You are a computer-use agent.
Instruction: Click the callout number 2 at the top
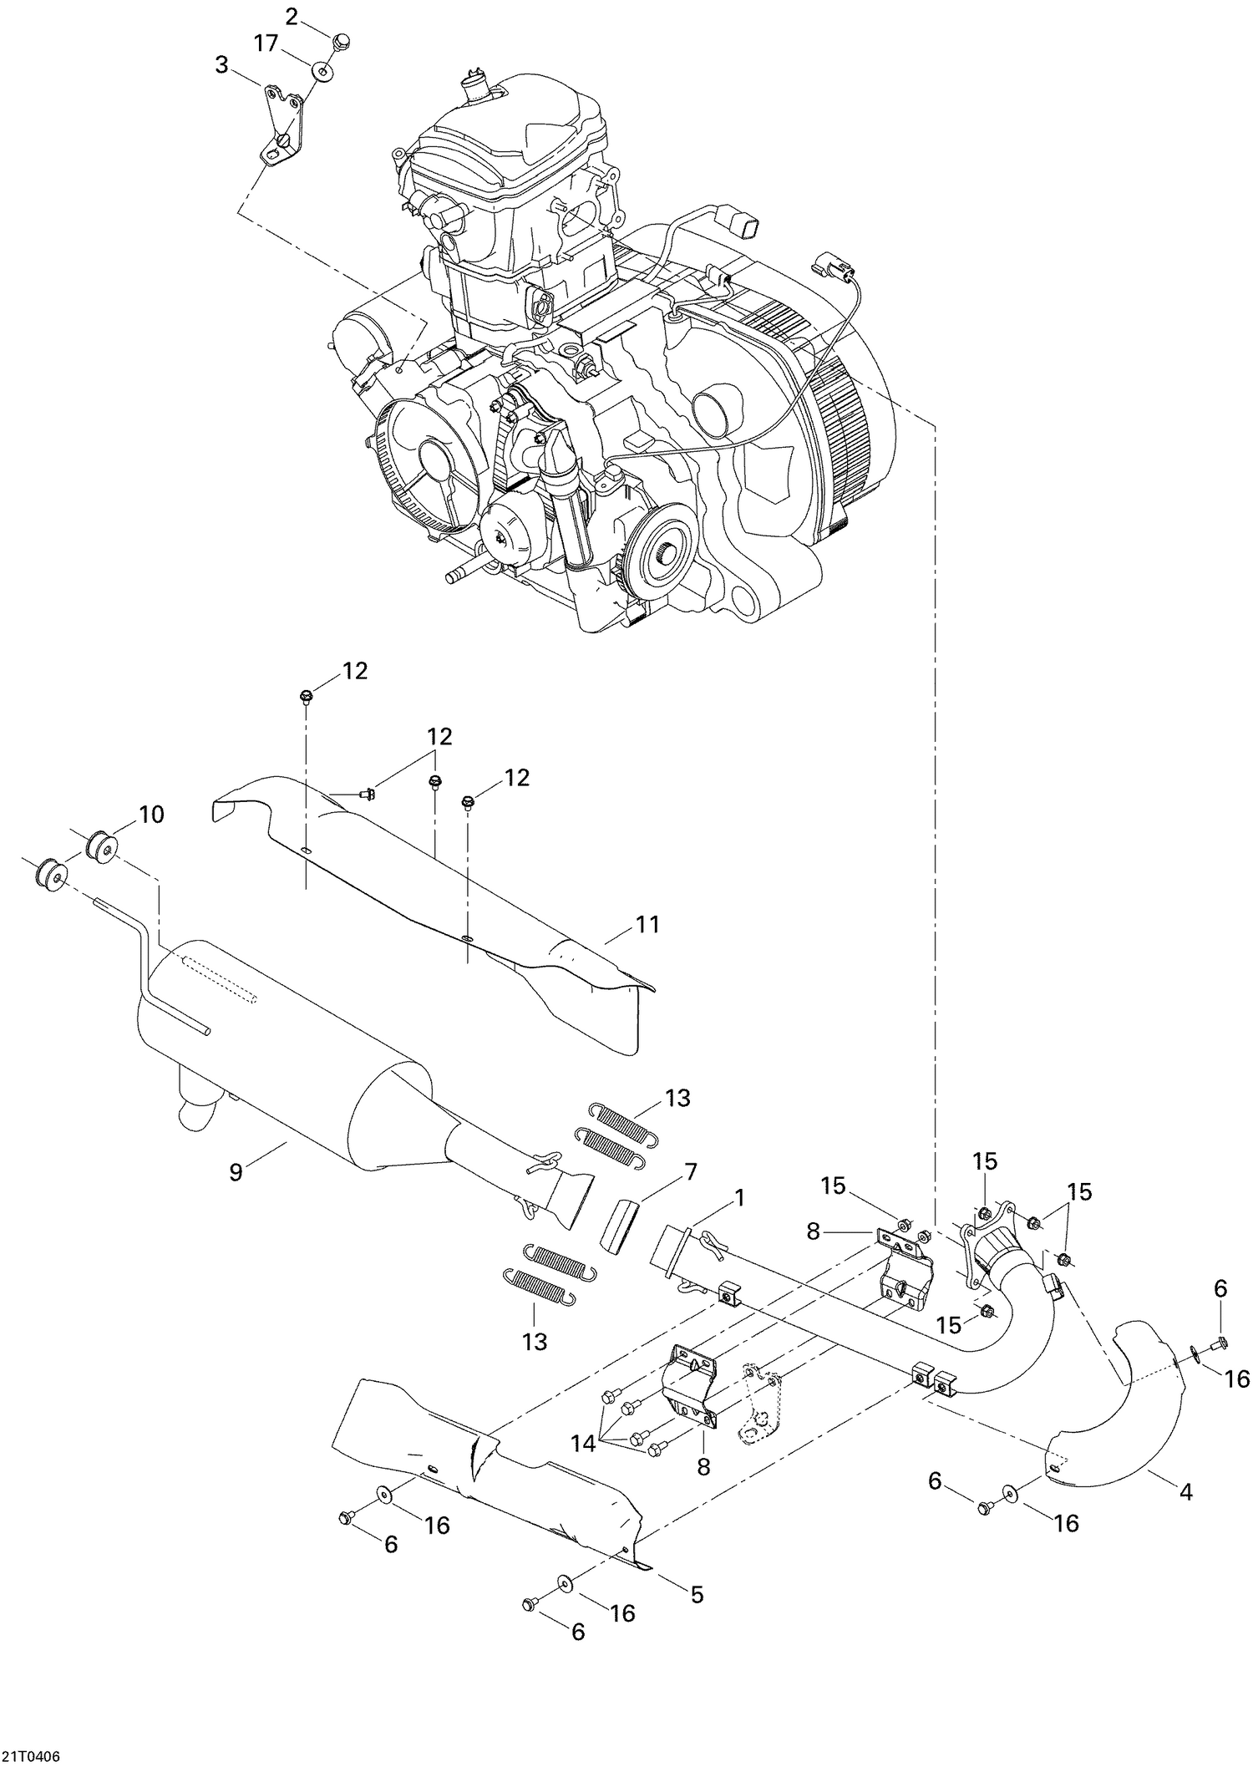click(x=292, y=16)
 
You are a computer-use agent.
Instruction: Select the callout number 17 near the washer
click(x=266, y=43)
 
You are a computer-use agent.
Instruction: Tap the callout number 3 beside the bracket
click(x=221, y=65)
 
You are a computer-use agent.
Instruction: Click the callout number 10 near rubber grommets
click(x=151, y=814)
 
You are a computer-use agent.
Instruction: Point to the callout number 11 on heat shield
click(x=647, y=925)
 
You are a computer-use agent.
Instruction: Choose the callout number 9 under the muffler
click(x=236, y=1172)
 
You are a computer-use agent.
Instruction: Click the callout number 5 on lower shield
click(x=697, y=1594)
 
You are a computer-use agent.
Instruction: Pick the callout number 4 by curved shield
click(x=1185, y=1490)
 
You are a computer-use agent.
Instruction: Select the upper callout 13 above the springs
click(x=677, y=1098)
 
